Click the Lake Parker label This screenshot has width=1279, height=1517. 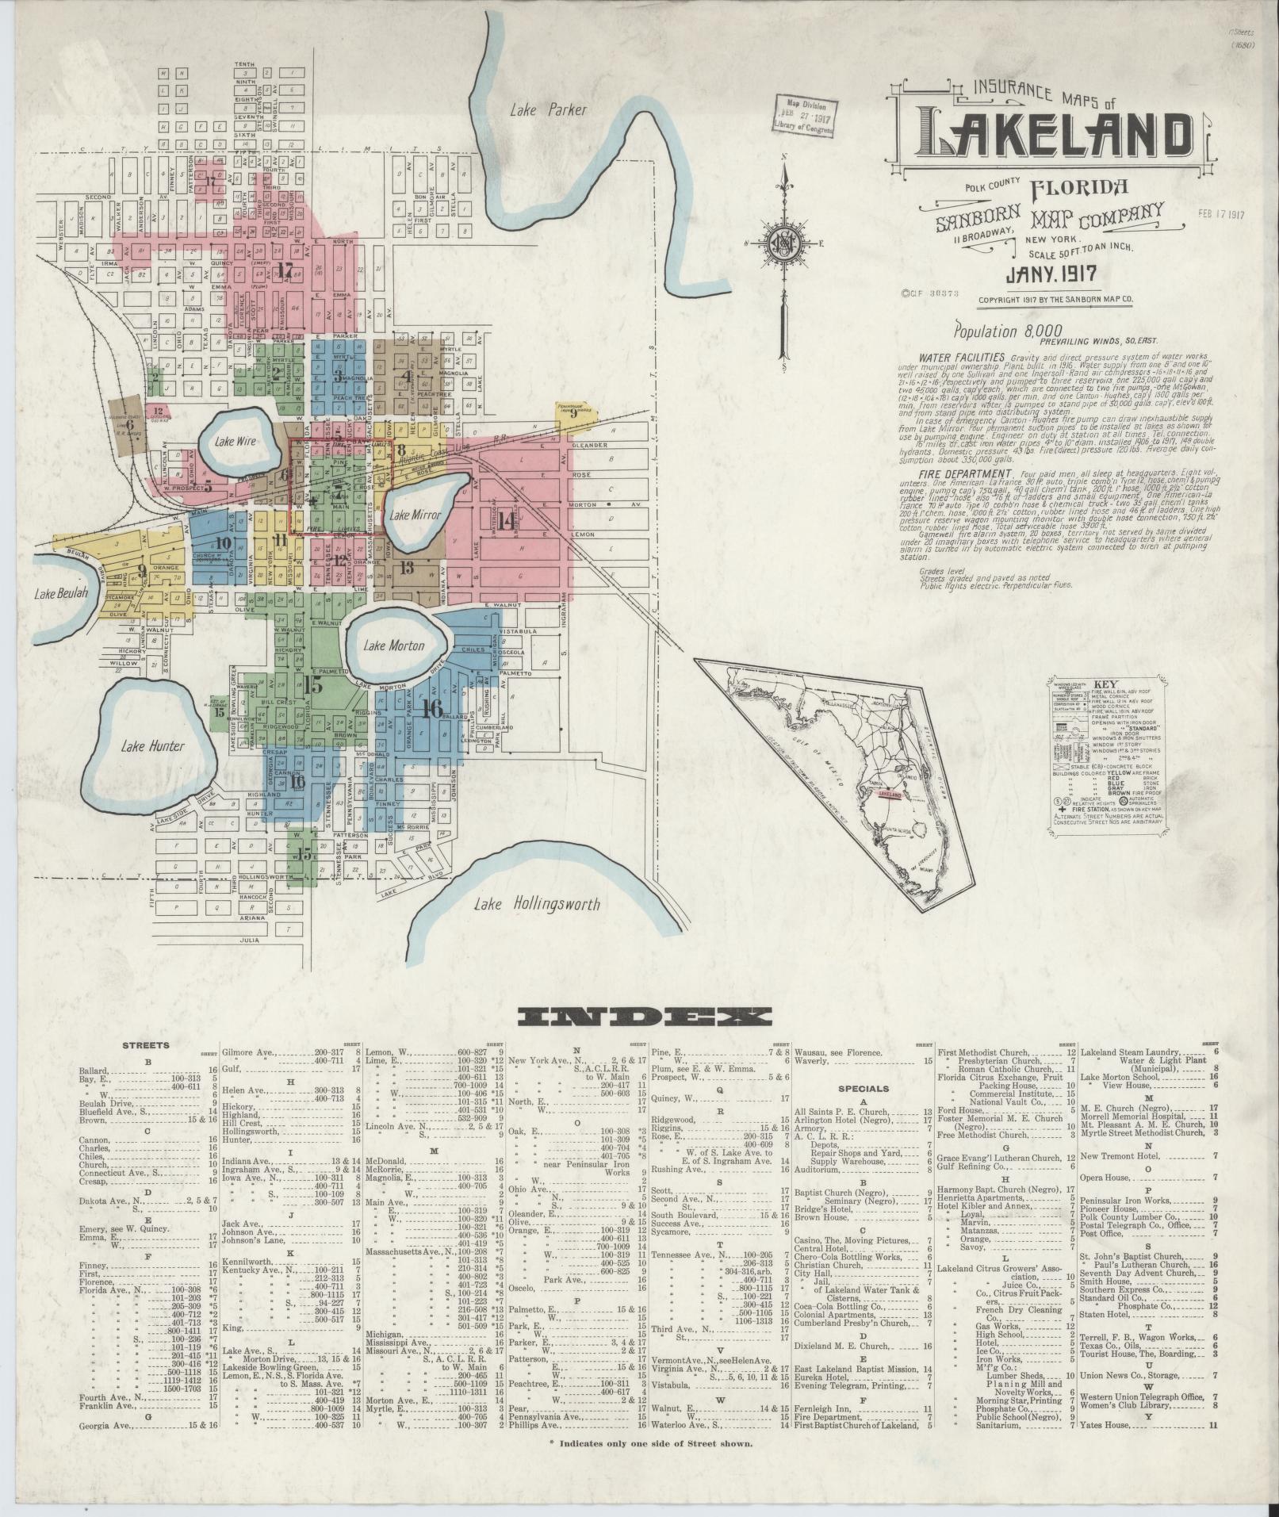tap(548, 110)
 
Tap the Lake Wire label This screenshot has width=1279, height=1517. tap(236, 441)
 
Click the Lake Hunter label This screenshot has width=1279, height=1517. tap(153, 745)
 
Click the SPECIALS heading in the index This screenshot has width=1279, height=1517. tap(864, 1089)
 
